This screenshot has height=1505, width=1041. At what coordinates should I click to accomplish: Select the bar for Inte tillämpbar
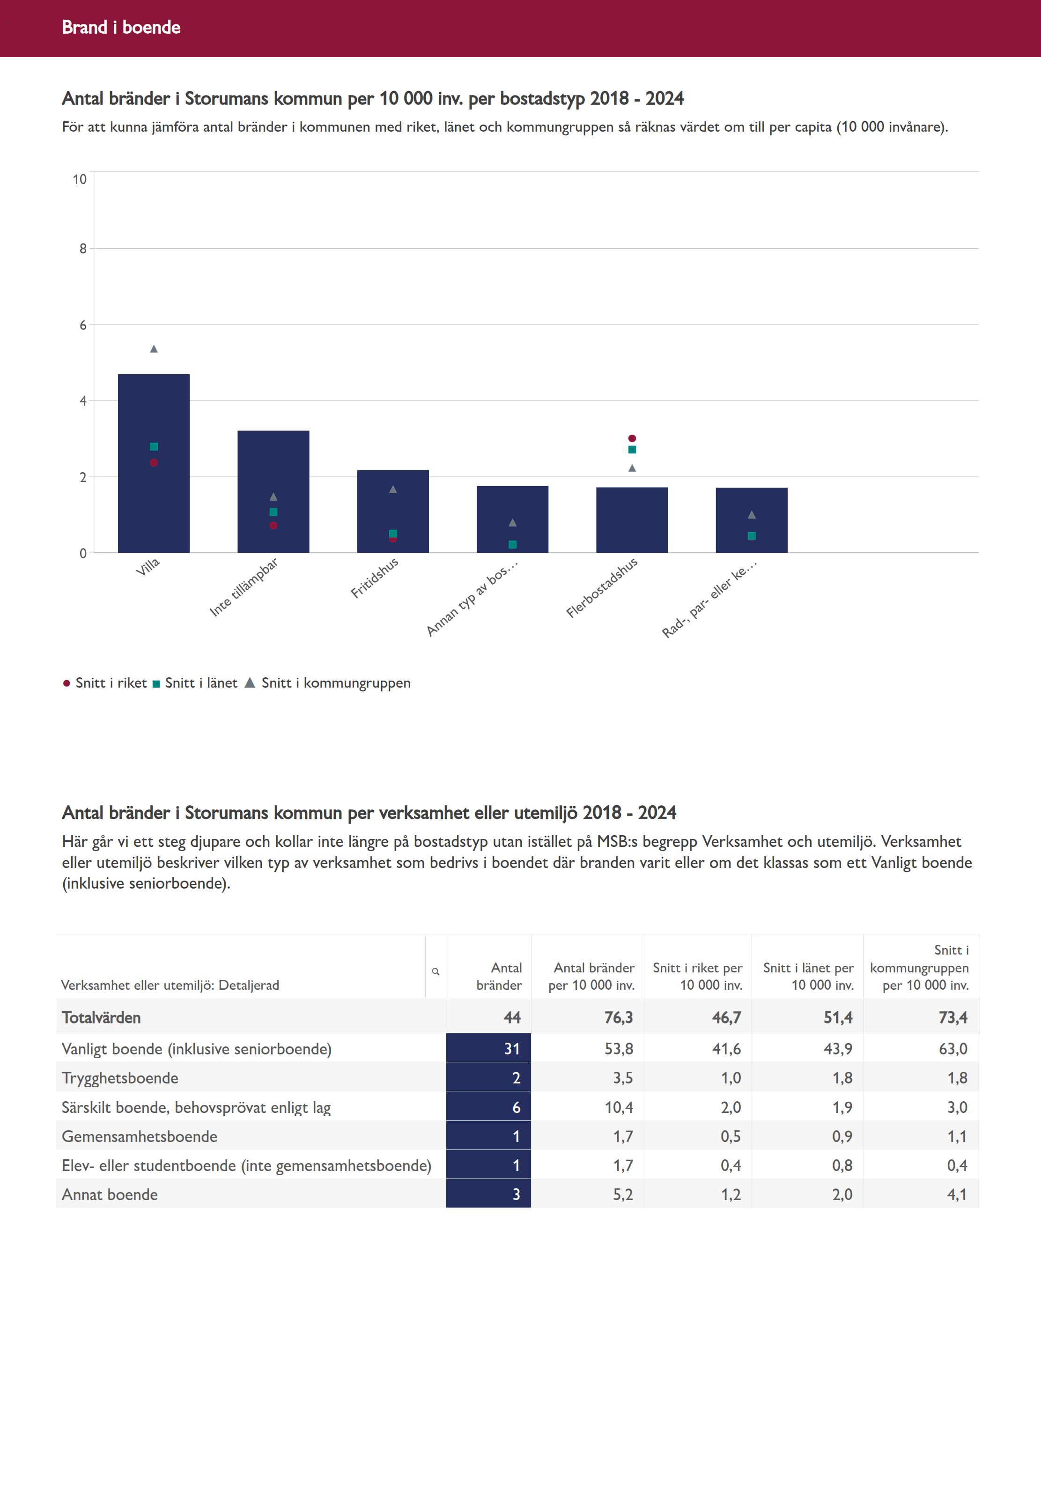[273, 492]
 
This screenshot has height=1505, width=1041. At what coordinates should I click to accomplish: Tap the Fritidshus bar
[392, 512]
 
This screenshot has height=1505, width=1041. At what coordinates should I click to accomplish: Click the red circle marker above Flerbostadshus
[632, 438]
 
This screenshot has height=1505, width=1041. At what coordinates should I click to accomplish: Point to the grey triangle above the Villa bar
[154, 349]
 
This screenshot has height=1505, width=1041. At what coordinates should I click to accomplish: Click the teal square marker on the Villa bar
[154, 447]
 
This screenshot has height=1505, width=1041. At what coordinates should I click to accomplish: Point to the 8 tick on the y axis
[83, 249]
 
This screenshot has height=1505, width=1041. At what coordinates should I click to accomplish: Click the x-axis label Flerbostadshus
[601, 588]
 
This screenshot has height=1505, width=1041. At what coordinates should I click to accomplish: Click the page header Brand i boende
[121, 27]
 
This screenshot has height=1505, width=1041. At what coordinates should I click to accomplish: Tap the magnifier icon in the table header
[436, 971]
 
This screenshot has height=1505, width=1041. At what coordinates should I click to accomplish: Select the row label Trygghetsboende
[120, 1078]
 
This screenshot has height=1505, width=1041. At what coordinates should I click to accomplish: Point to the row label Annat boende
[110, 1194]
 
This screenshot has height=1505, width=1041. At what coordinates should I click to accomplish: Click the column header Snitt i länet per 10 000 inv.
[808, 977]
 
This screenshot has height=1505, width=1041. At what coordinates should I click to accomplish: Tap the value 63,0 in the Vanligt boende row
[953, 1048]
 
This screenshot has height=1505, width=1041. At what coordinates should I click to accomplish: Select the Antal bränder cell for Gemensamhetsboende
[488, 1136]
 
